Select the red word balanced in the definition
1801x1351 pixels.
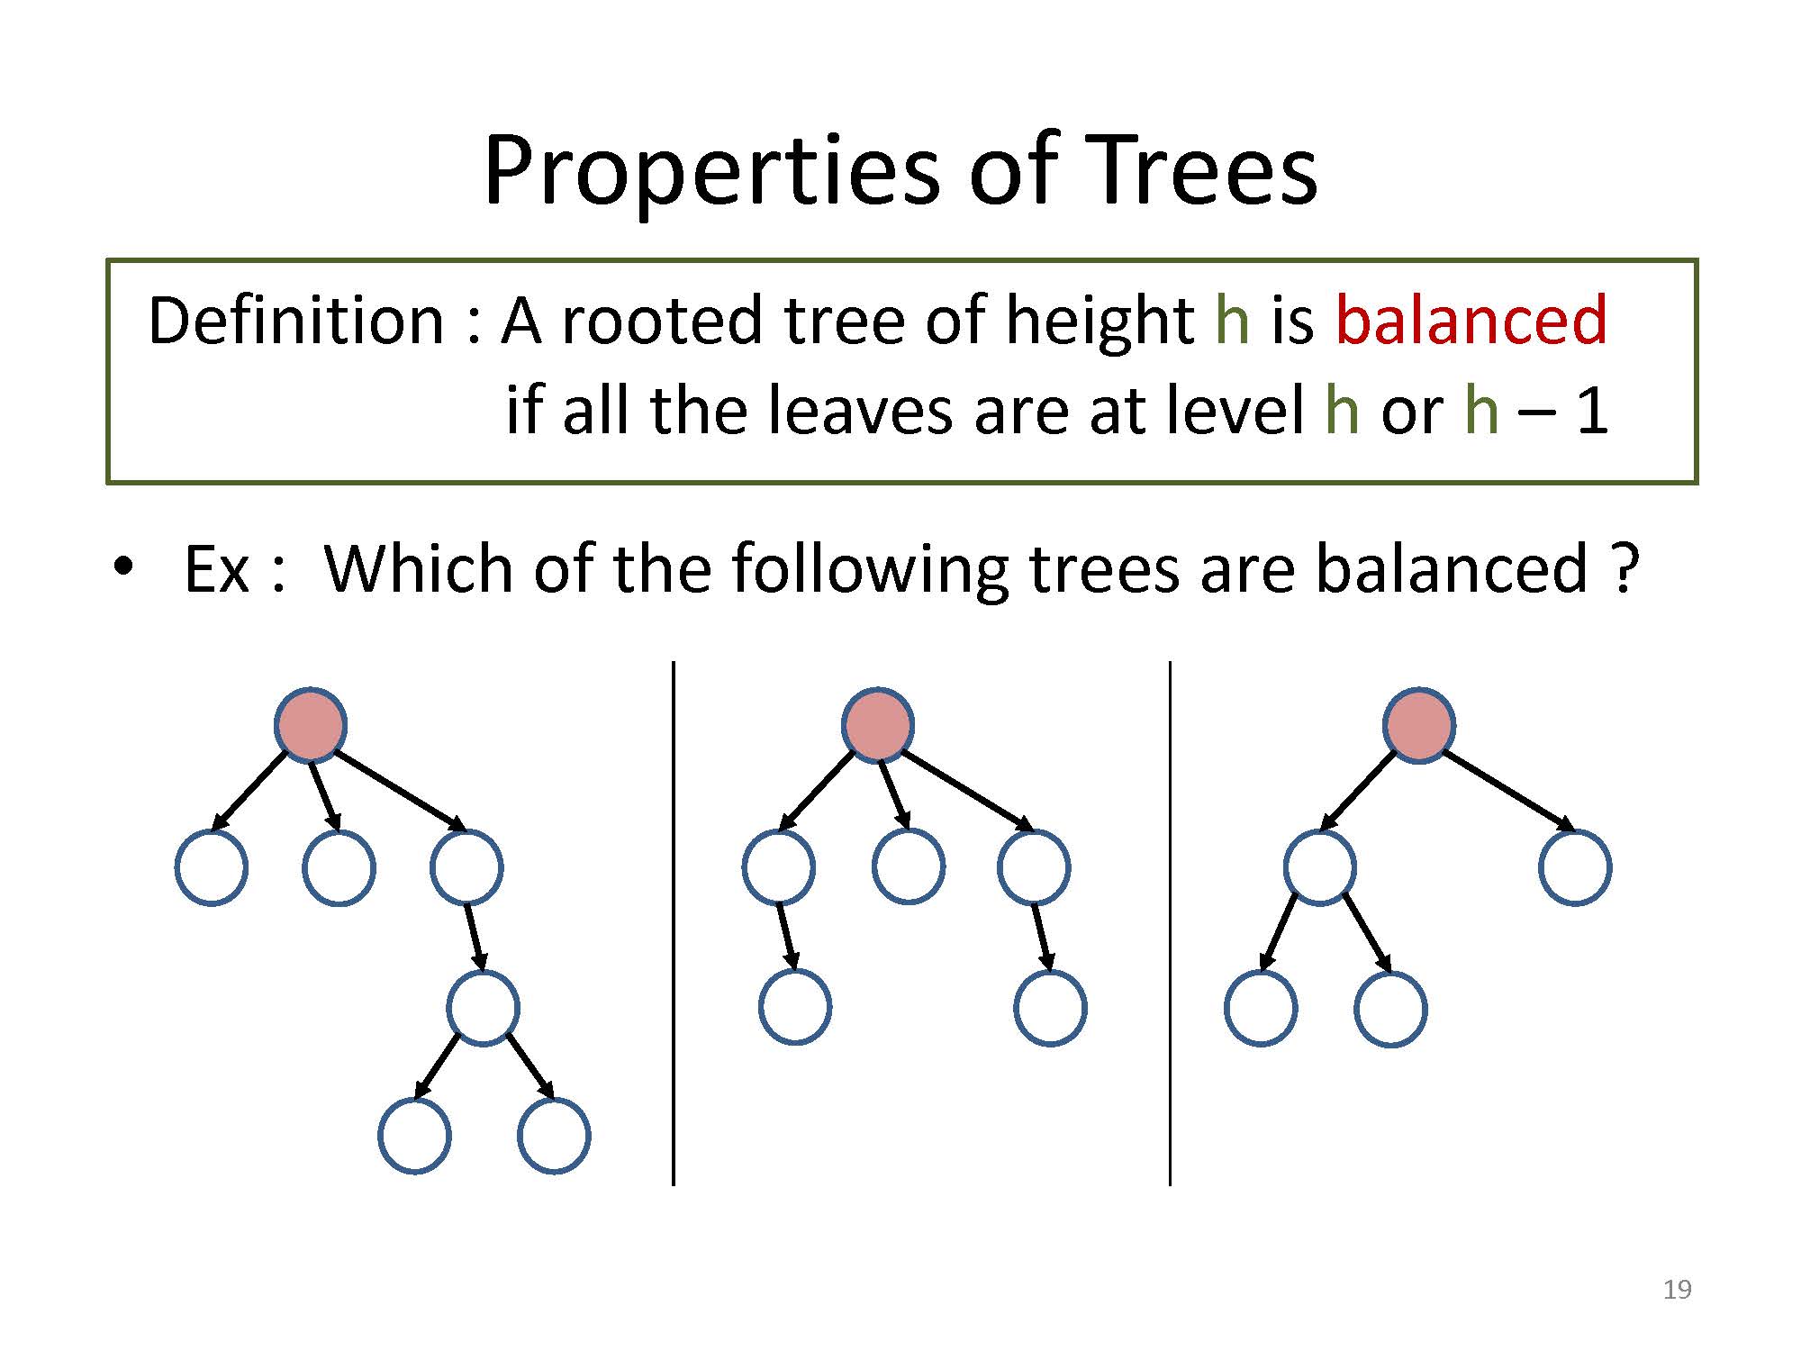(x=1471, y=319)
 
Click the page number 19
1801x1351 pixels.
(x=1678, y=1290)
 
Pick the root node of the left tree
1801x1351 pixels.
(x=311, y=725)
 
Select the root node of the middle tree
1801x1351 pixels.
(x=878, y=725)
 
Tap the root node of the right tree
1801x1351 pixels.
(x=1419, y=725)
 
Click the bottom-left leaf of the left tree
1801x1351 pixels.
(x=414, y=1135)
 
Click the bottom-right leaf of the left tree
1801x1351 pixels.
(x=554, y=1135)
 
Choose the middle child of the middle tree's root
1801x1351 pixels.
(x=909, y=866)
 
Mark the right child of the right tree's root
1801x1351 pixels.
(x=1575, y=867)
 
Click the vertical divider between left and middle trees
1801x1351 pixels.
(x=674, y=923)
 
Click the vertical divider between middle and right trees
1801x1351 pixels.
(x=1170, y=923)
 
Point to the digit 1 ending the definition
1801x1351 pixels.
(x=1592, y=411)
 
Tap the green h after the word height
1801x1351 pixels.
(x=1232, y=319)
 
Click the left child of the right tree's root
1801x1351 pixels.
(x=1319, y=867)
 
